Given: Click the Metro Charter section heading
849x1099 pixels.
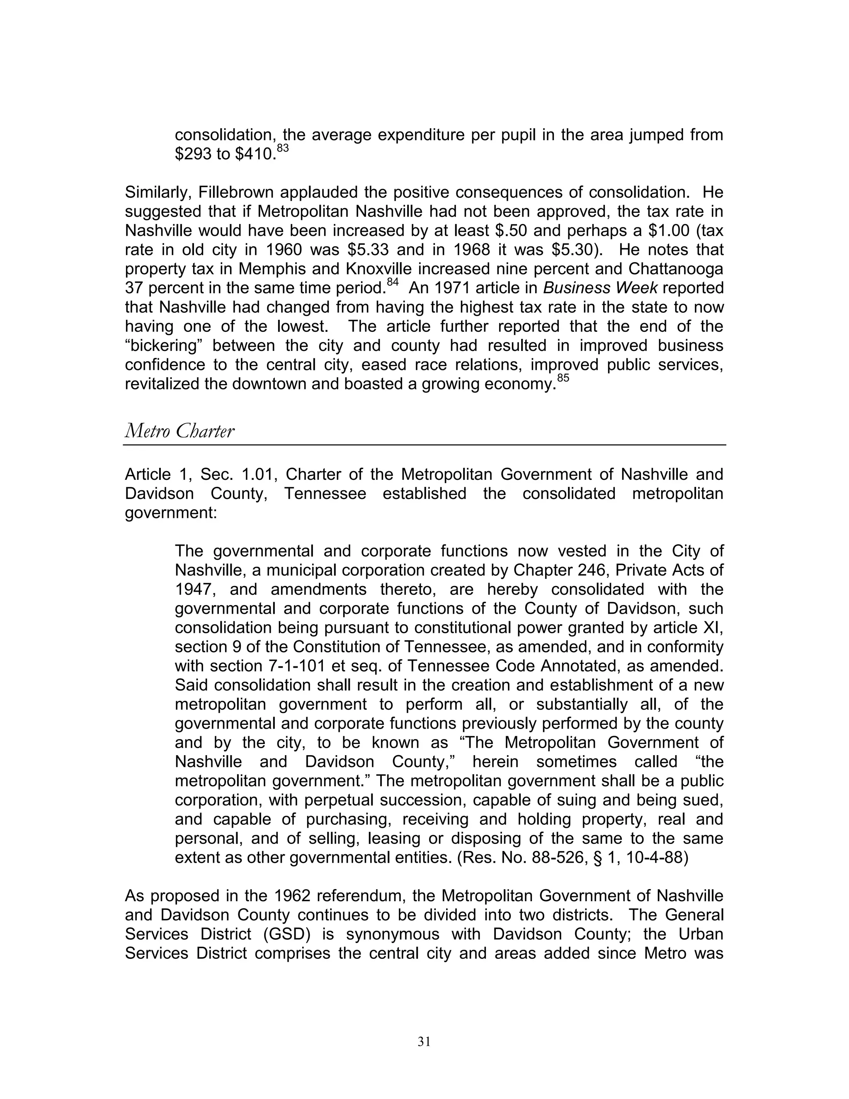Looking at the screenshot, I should click(x=179, y=432).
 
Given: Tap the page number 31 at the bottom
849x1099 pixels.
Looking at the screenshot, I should click(x=424, y=1042).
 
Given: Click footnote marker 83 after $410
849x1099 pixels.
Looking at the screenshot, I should click(x=283, y=148).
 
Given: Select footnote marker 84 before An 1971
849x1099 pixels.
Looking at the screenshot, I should click(x=393, y=283).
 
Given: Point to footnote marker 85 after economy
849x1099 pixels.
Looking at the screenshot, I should click(x=563, y=378).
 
